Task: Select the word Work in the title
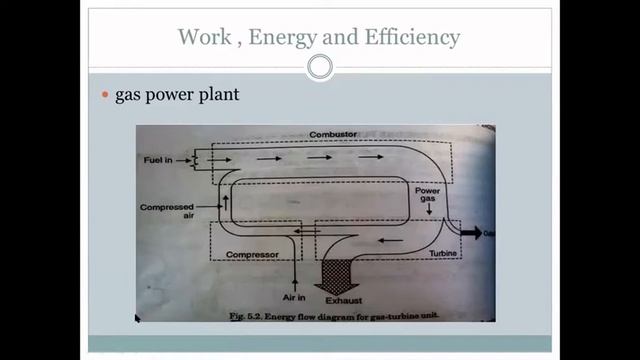(201, 38)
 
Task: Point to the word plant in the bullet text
(215, 96)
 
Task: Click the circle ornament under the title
(319, 67)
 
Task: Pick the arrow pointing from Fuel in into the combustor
(220, 158)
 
